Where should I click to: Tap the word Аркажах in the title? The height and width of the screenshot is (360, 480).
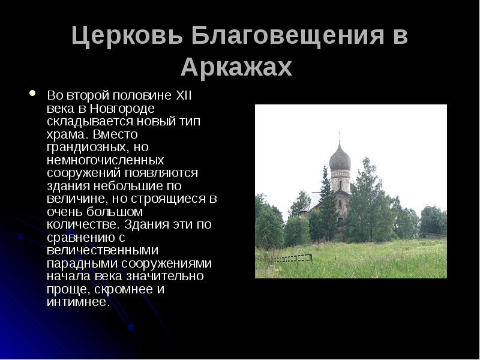click(236, 67)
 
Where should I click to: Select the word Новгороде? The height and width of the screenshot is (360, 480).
click(123, 108)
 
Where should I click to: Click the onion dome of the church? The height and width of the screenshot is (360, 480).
click(340, 158)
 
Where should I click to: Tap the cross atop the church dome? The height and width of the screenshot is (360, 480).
click(340, 136)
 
